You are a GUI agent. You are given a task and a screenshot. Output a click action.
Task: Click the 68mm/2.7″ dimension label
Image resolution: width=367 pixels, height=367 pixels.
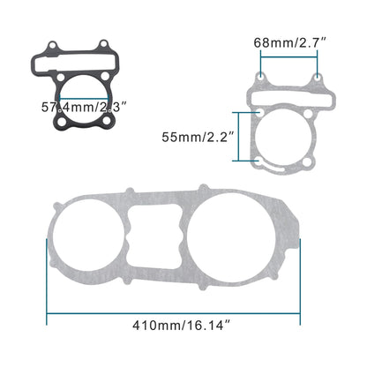289,42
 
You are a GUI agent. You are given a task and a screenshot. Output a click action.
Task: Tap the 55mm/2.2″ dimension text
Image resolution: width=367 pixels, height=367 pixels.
195,137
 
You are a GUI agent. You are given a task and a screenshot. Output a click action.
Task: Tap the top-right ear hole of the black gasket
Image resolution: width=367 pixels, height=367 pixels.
104,46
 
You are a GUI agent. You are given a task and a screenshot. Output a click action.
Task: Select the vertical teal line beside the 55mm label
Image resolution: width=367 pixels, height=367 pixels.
234,137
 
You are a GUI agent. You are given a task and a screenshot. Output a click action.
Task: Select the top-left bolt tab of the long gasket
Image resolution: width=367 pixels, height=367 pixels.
129,192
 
